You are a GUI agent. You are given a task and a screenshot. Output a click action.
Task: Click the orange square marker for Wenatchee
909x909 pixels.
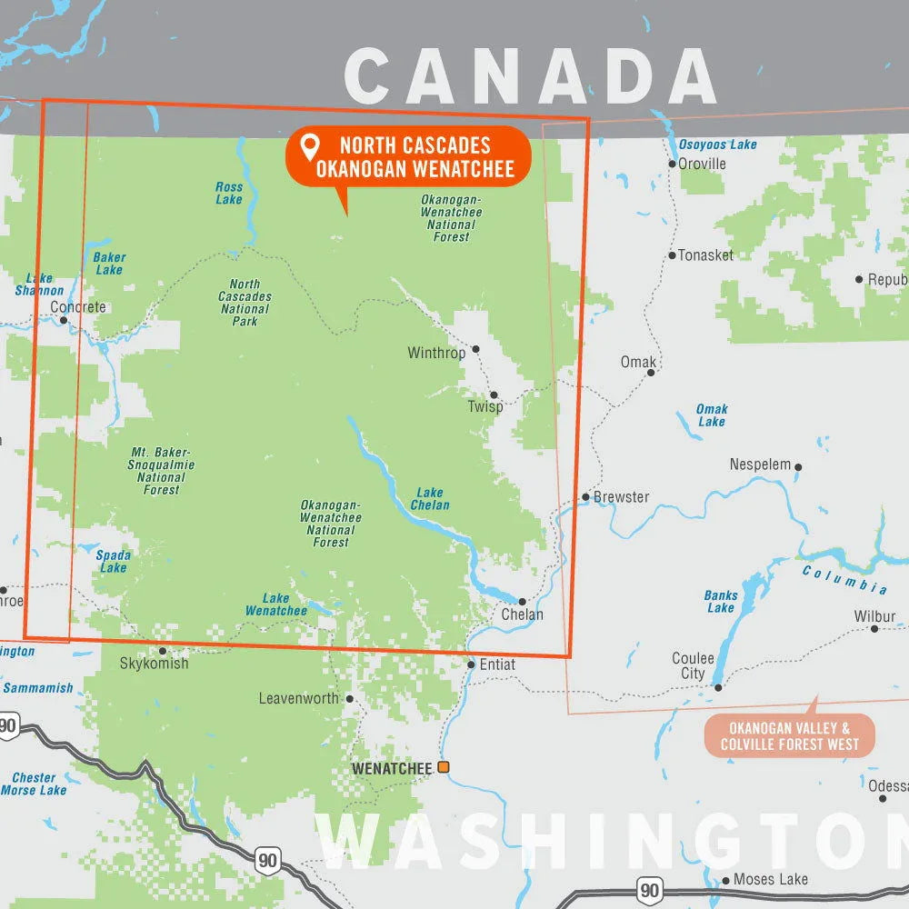(444, 768)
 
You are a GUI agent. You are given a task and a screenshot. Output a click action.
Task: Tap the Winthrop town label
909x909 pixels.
(436, 353)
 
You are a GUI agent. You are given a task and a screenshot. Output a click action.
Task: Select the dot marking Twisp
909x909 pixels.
(494, 395)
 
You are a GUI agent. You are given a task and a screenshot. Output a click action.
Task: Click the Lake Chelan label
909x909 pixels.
(431, 499)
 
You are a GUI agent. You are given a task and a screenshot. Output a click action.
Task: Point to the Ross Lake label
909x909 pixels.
(229, 193)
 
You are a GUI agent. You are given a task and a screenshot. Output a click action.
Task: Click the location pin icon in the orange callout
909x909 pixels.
(311, 145)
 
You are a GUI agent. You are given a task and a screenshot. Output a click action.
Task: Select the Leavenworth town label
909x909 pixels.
(298, 699)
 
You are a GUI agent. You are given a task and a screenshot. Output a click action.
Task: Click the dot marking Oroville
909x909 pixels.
(672, 164)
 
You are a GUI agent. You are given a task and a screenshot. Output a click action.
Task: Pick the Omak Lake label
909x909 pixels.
(712, 415)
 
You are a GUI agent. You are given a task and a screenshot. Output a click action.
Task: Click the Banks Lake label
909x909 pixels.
(721, 602)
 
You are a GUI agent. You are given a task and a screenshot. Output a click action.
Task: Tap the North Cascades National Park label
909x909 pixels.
(245, 303)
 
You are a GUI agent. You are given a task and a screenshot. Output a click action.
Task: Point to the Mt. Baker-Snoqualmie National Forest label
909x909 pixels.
(162, 471)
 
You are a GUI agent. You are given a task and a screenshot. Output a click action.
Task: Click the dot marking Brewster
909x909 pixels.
(586, 497)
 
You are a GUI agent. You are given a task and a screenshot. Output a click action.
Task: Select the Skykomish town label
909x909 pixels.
(155, 664)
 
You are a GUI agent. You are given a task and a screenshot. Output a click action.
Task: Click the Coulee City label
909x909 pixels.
(693, 665)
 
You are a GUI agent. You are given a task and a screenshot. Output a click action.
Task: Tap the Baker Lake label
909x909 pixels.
(109, 264)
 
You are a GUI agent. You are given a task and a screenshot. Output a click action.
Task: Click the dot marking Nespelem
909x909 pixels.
(798, 467)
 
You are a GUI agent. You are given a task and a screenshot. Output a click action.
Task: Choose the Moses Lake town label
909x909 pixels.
(770, 879)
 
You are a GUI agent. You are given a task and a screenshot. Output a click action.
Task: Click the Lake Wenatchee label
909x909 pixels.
(275, 604)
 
